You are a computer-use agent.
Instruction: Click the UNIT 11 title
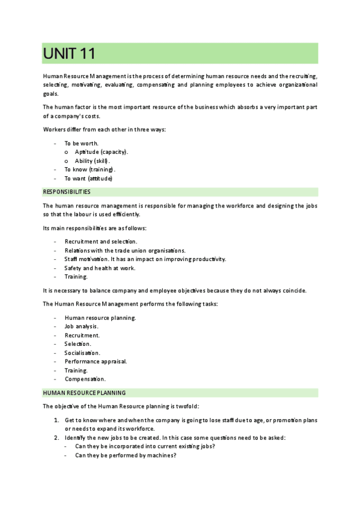tap(69, 54)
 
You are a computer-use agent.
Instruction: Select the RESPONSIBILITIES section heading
tap(67, 192)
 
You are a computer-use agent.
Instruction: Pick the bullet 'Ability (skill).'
tap(93, 161)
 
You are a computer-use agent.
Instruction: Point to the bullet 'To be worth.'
tap(81, 143)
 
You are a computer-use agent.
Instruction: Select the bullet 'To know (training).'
tap(90, 170)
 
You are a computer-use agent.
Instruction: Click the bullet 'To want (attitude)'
tap(88, 179)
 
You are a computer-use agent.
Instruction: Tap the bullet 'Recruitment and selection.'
tap(101, 241)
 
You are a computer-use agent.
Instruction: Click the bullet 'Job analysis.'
tap(82, 326)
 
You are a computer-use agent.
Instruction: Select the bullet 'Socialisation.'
tap(82, 352)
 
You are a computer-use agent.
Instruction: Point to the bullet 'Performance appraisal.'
tap(96, 361)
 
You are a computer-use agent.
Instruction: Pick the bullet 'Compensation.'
tap(85, 379)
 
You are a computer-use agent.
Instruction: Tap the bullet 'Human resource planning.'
tap(100, 317)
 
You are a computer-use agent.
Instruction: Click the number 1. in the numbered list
tap(56, 420)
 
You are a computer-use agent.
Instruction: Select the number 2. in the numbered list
tap(56, 437)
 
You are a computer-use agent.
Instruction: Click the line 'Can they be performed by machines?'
tap(125, 455)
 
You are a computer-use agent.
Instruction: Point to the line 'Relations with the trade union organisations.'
tap(125, 250)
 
